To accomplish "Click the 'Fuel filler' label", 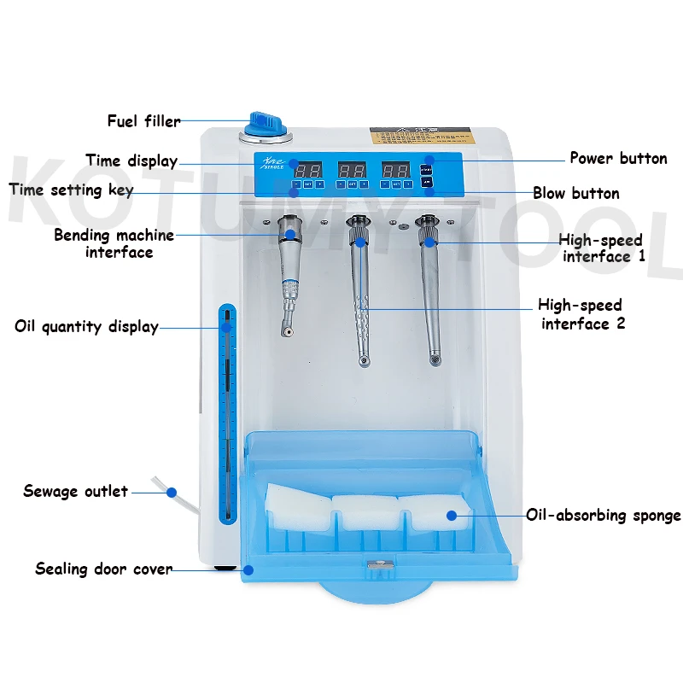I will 143,121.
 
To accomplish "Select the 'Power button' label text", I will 618,158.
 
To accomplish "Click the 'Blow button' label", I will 576,193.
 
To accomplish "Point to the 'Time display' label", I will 131,161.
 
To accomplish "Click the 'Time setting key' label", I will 72,190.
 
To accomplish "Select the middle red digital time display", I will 352,169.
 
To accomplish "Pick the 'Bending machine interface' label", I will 114,243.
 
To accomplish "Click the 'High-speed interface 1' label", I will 601,248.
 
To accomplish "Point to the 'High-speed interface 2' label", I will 580,314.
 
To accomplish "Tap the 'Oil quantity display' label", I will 87,326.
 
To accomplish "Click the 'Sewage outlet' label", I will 76,491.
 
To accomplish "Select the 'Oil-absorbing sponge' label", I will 603,515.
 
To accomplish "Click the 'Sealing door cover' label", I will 103,569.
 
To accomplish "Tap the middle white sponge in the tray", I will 365,511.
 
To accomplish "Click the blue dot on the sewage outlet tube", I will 172,493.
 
